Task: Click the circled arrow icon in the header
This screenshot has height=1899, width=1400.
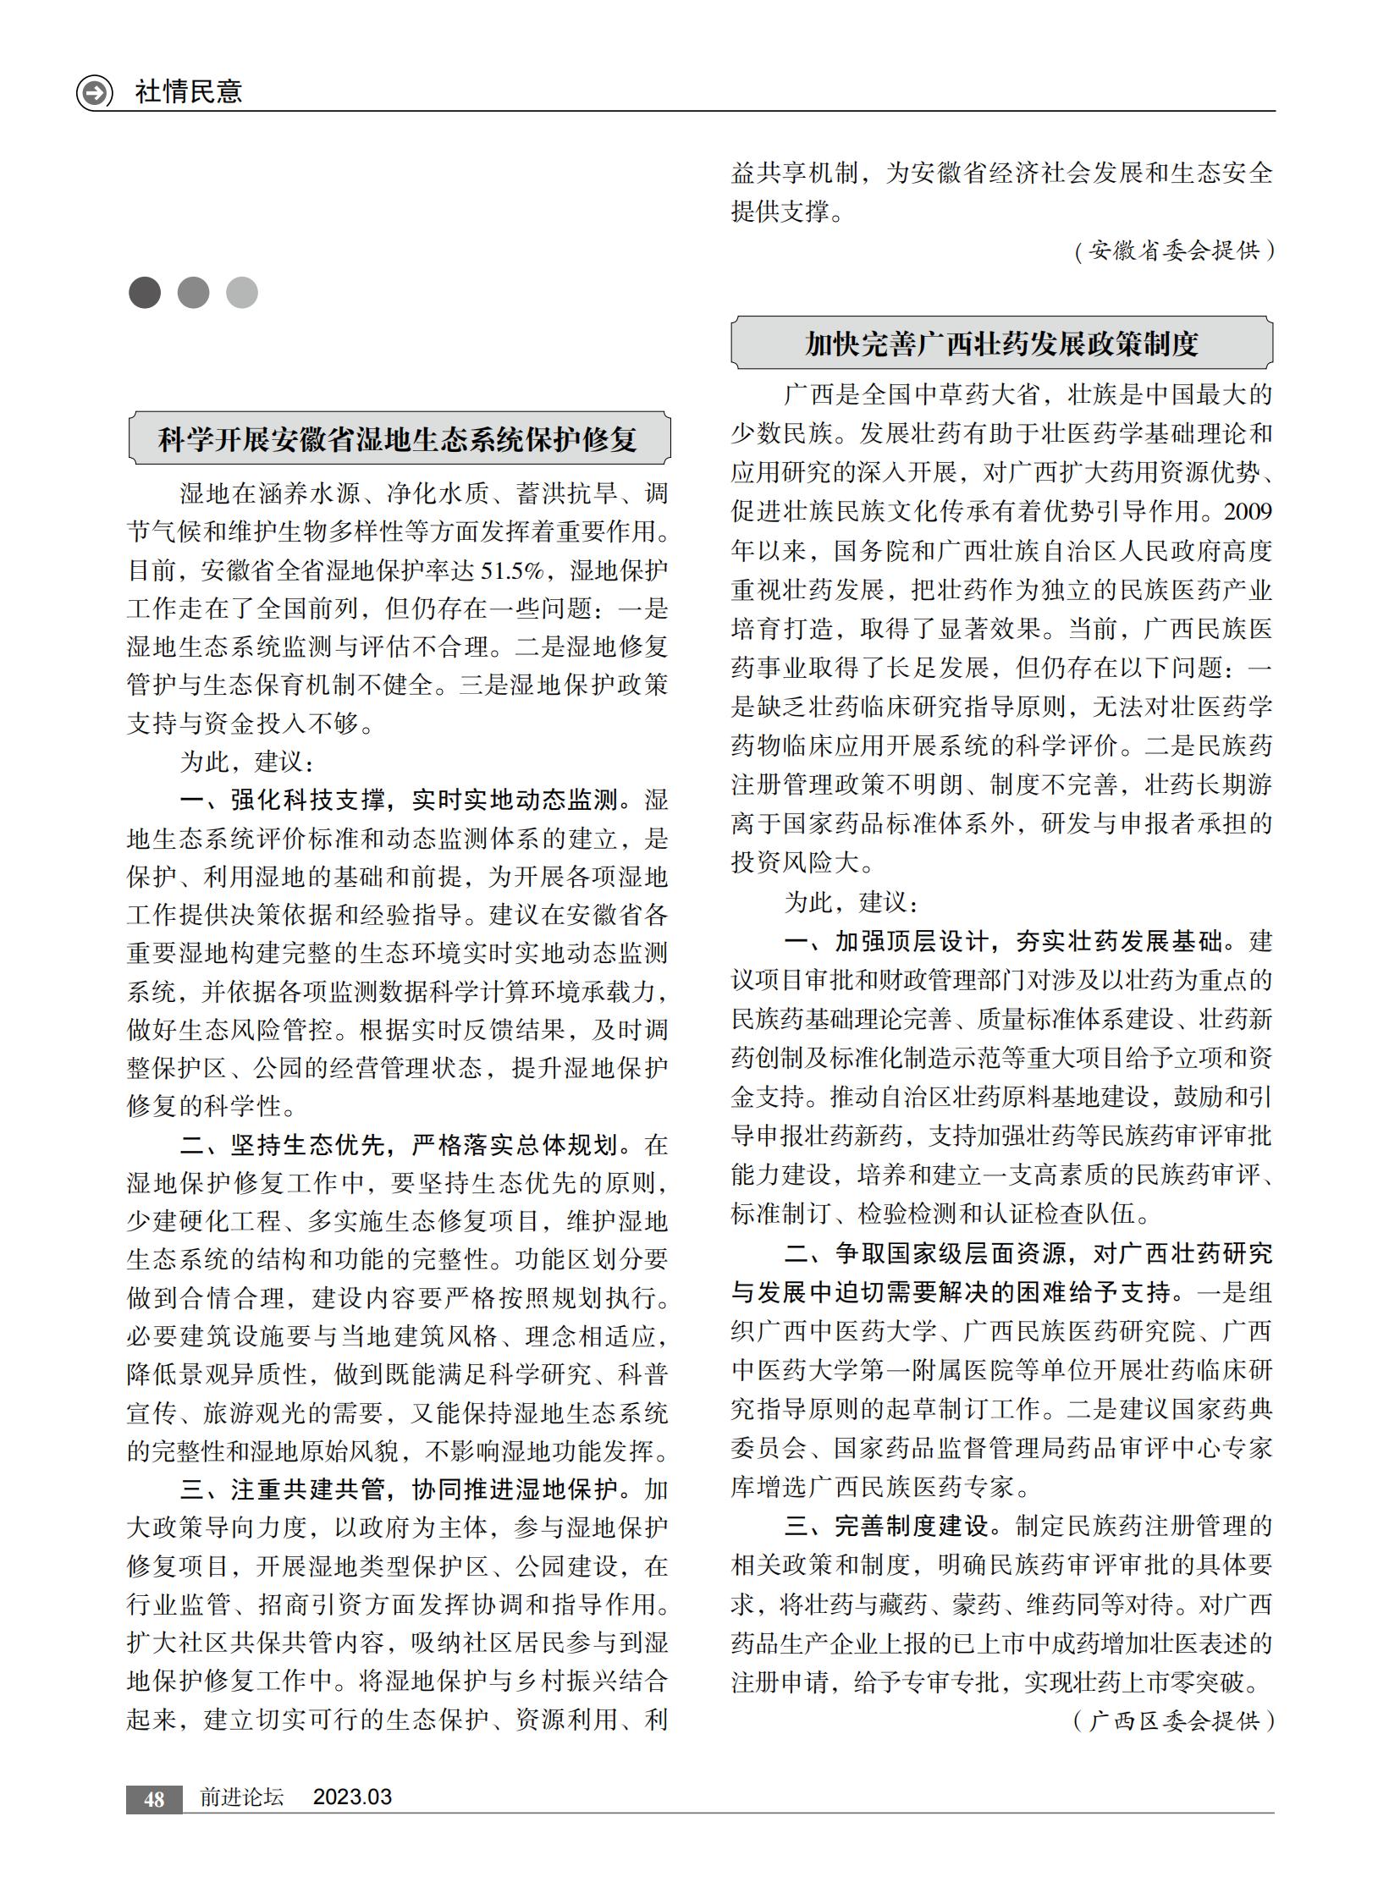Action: pos(94,91)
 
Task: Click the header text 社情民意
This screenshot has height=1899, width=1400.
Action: pos(188,91)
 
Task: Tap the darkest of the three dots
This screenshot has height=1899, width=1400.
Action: pos(145,292)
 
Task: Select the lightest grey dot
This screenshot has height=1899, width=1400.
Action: pos(242,292)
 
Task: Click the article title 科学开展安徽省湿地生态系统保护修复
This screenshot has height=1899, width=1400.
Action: pos(399,439)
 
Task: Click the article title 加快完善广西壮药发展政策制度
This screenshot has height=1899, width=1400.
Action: pos(1001,344)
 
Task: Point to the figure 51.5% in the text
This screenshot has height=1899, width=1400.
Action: pos(512,571)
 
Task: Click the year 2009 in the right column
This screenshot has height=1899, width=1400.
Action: pos(1248,512)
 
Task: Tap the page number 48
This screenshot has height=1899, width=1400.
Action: pos(154,1799)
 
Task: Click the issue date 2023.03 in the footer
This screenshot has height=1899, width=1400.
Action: pos(353,1797)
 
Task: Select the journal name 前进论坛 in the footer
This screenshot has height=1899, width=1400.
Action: pos(241,1797)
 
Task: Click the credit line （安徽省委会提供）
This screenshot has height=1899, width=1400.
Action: pos(1174,250)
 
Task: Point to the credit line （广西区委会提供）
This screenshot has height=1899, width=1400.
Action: pos(1174,1720)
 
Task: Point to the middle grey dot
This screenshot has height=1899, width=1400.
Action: pos(193,292)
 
